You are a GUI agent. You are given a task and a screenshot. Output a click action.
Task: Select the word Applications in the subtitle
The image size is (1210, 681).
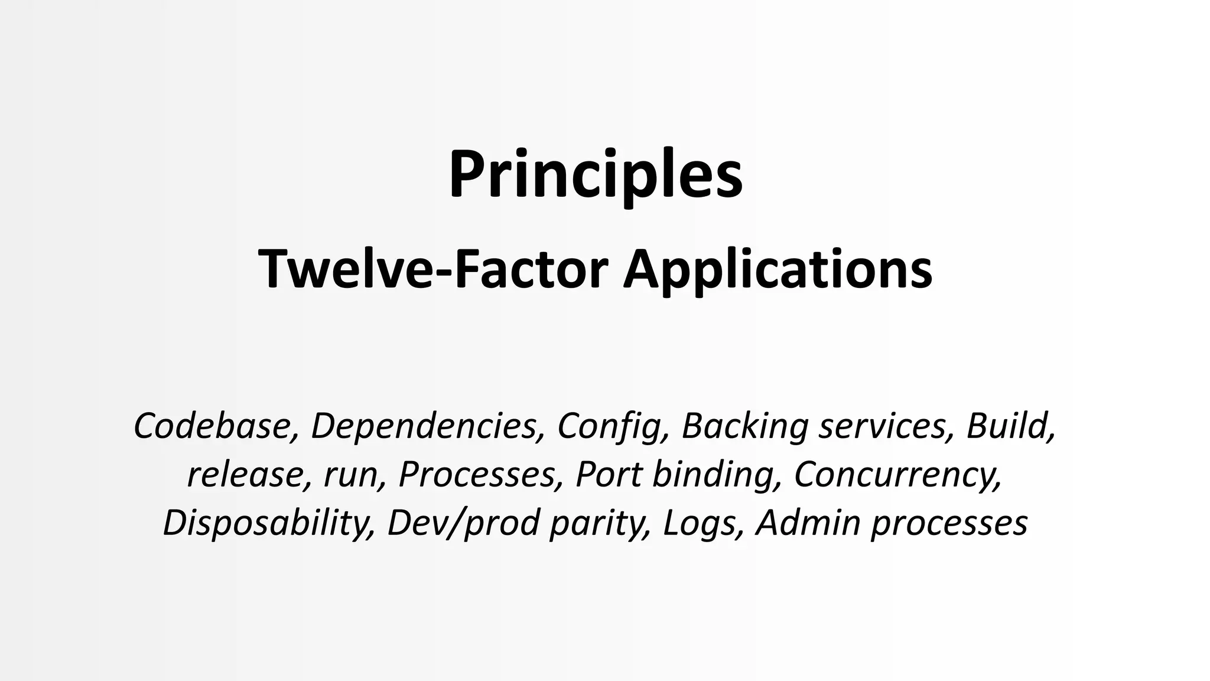tap(778, 270)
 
